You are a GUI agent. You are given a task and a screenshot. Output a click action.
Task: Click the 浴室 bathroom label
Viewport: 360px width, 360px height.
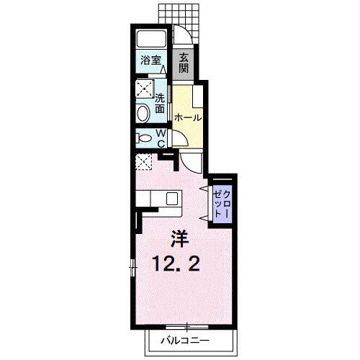click(x=150, y=60)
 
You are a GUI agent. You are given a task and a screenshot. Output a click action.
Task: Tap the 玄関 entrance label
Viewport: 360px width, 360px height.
click(x=184, y=63)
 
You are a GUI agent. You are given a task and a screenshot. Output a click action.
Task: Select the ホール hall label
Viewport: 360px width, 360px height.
click(x=188, y=117)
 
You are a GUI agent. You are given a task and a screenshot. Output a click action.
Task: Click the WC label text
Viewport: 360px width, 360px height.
click(x=161, y=138)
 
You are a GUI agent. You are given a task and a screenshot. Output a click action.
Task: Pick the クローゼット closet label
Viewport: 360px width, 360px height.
click(x=222, y=204)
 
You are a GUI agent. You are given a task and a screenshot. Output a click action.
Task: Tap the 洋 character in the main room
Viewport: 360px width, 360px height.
click(x=180, y=239)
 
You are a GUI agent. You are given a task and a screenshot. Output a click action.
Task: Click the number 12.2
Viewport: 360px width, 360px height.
click(x=176, y=264)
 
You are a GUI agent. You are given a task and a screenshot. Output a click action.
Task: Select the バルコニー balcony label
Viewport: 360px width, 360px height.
click(x=185, y=341)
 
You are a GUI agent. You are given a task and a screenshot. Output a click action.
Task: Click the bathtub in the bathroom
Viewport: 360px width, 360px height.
click(x=151, y=39)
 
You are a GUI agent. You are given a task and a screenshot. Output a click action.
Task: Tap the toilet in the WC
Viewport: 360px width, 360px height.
click(x=144, y=138)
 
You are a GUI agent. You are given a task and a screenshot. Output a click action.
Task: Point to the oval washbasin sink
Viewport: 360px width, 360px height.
click(x=143, y=113)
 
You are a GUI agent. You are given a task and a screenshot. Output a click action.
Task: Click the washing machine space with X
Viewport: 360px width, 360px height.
click(x=145, y=89)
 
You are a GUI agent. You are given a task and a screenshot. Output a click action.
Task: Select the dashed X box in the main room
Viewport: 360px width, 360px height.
click(x=144, y=162)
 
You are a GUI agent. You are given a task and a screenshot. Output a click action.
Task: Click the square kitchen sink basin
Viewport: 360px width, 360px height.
click(x=172, y=199)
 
